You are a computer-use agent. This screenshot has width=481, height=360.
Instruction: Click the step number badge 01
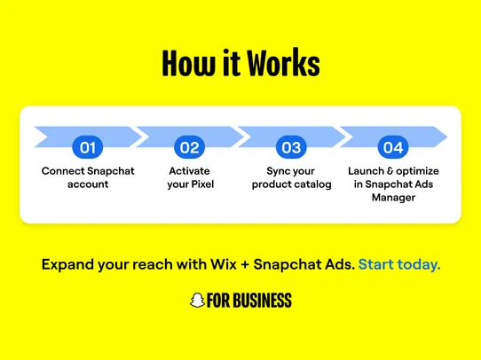[x=87, y=146]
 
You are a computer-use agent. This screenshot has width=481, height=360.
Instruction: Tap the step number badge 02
[x=189, y=146]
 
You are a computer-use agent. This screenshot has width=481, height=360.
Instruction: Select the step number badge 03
[x=291, y=146]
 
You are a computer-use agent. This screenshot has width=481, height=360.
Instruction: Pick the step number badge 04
[x=391, y=146]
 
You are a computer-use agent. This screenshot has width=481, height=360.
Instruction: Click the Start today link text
[x=399, y=264]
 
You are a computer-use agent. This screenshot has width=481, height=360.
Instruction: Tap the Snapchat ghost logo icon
[x=197, y=301]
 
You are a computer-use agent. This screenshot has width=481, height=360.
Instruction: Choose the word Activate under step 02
[x=188, y=170]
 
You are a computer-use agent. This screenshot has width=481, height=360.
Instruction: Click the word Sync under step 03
[x=279, y=170]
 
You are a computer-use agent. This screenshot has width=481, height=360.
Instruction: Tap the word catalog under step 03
[x=314, y=184]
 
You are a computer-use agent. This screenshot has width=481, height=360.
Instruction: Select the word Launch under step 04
[x=367, y=170]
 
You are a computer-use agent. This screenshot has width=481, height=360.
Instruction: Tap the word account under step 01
[x=87, y=184]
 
